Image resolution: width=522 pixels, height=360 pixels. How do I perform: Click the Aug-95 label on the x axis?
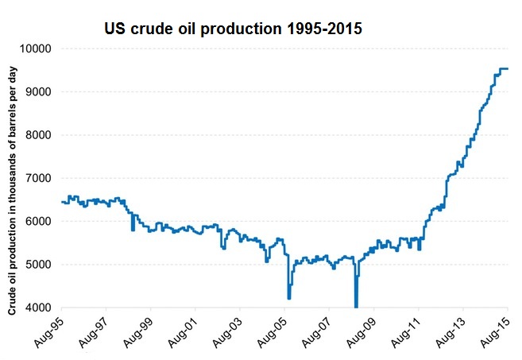point(49,329)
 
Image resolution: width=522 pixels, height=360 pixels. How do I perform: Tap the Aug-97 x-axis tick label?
point(94,329)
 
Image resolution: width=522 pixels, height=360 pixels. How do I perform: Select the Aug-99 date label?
point(138,329)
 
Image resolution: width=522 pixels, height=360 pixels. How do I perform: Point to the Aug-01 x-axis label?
point(183,329)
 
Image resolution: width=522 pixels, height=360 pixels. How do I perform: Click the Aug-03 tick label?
point(227,329)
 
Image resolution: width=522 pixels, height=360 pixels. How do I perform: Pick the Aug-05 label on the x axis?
point(272,329)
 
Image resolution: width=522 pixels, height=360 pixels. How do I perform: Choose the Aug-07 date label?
point(316,329)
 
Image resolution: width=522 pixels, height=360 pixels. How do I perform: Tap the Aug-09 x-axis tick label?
point(361,329)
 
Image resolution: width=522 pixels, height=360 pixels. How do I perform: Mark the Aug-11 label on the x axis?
point(405,329)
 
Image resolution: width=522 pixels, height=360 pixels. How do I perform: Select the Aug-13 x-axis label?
point(450,329)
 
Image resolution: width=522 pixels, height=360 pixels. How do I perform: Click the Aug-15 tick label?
point(494,329)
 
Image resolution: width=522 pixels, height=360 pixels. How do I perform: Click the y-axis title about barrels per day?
point(14,180)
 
